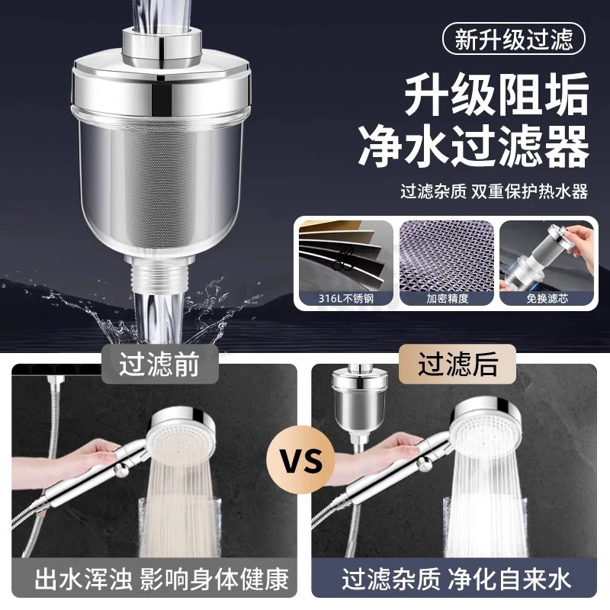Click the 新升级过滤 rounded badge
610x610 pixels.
[513, 39]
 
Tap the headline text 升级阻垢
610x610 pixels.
[497, 95]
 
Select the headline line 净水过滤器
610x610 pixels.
[474, 146]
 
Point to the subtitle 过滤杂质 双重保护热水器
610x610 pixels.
[494, 191]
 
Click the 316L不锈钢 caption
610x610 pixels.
[346, 298]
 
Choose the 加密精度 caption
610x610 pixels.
[447, 298]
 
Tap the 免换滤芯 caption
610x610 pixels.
[547, 298]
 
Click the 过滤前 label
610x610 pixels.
[159, 364]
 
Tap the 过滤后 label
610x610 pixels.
[457, 364]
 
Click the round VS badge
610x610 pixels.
[301, 461]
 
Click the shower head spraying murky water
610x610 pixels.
[182, 435]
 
